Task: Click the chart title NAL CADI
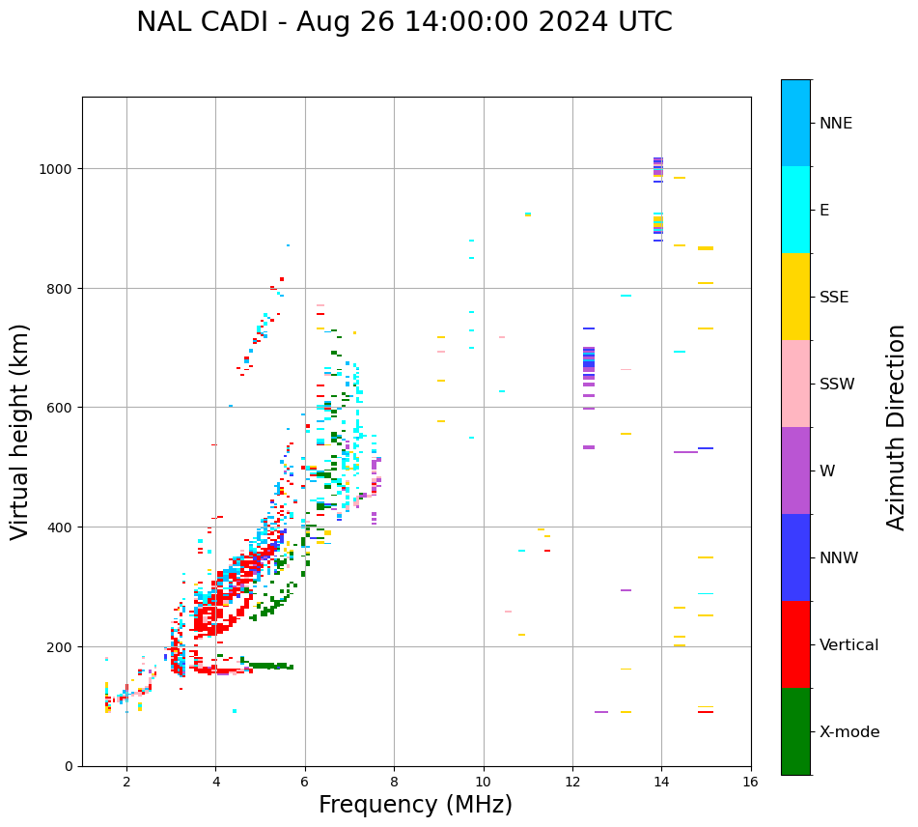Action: [403, 22]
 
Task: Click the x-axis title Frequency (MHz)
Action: [415, 805]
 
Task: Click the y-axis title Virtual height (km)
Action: [20, 432]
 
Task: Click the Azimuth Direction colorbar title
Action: [897, 427]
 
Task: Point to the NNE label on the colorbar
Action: [836, 123]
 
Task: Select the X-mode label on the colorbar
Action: [849, 732]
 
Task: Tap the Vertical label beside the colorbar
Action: [849, 645]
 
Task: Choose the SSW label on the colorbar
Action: [837, 384]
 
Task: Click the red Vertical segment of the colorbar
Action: [795, 644]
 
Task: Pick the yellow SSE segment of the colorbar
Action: [795, 297]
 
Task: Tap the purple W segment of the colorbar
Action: [795, 471]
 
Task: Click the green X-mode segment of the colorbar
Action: [795, 731]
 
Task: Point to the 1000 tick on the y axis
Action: [61, 169]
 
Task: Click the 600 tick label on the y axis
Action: [65, 408]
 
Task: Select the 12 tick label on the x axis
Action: [572, 782]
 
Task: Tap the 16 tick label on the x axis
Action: [751, 782]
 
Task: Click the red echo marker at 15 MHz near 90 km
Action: [706, 712]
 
